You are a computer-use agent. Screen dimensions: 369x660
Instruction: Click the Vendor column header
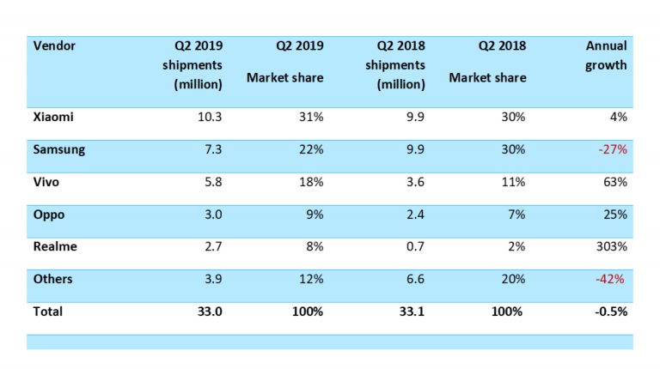(x=52, y=45)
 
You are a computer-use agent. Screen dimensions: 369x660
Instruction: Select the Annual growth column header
(x=606, y=55)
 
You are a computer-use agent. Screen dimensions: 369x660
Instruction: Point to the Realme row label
(x=53, y=246)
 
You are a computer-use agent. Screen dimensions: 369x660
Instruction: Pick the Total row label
(x=47, y=312)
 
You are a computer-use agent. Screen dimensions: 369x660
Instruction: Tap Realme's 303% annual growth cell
(x=610, y=246)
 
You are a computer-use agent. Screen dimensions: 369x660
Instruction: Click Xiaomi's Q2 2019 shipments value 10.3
(x=209, y=116)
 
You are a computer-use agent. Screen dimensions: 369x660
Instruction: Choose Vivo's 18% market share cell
(x=311, y=182)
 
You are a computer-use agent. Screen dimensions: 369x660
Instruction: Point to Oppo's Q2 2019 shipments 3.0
(x=212, y=215)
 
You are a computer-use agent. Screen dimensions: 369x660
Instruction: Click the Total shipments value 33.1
(x=410, y=312)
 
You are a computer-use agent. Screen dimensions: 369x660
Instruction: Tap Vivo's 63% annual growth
(x=614, y=182)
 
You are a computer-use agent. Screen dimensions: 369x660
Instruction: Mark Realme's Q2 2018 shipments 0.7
(x=414, y=246)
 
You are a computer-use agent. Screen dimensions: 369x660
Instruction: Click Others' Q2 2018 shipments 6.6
(x=414, y=279)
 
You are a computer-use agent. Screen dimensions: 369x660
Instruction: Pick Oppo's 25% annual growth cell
(x=614, y=215)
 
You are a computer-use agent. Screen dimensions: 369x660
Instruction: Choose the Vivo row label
(x=46, y=182)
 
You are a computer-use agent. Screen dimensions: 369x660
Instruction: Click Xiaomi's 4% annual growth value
(x=617, y=116)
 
